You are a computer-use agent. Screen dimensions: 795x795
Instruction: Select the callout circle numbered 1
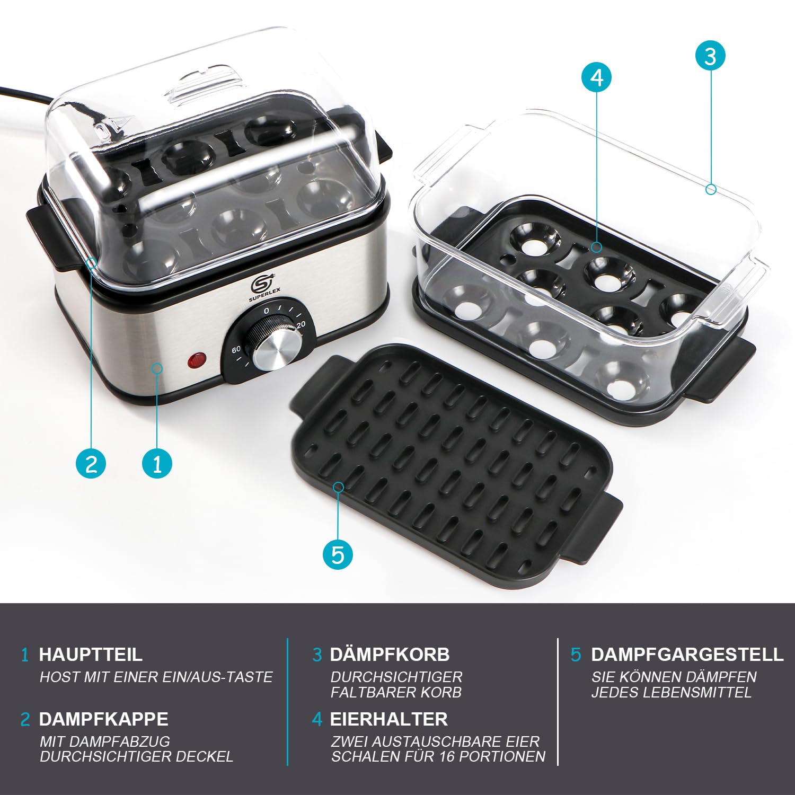click(157, 463)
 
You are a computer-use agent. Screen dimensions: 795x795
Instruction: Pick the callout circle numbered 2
click(91, 463)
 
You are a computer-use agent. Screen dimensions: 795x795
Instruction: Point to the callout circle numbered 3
click(710, 56)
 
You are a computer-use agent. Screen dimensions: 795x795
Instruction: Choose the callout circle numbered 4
click(596, 77)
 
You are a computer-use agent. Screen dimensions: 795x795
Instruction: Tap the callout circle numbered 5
click(338, 554)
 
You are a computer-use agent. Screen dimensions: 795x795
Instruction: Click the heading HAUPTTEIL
click(91, 655)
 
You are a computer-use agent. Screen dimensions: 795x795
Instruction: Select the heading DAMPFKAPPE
click(103, 719)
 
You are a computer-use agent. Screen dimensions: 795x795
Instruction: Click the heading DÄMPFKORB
click(390, 655)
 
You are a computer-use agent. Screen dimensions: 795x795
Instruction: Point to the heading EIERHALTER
click(388, 719)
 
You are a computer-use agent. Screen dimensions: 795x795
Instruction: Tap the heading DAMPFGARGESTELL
click(687, 655)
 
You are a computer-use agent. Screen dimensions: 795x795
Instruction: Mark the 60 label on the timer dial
click(236, 349)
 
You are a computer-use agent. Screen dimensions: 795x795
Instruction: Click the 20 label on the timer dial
click(301, 325)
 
